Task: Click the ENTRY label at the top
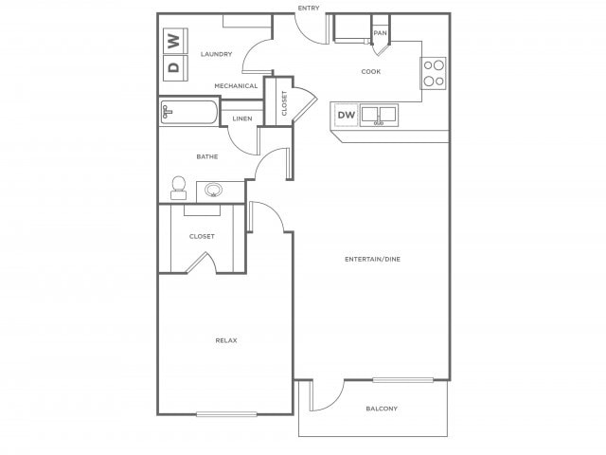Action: click(x=309, y=9)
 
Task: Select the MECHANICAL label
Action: click(x=236, y=86)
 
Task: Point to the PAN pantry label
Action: click(x=380, y=33)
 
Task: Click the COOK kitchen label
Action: click(x=371, y=72)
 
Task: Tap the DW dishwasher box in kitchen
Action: click(x=346, y=116)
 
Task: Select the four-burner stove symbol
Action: click(x=434, y=73)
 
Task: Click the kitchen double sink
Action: click(x=380, y=116)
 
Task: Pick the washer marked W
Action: click(x=173, y=41)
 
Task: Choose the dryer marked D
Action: click(x=173, y=65)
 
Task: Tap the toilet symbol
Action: click(x=178, y=188)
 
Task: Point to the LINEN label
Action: click(x=241, y=118)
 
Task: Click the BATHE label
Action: click(x=207, y=156)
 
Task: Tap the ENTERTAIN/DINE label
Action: click(x=372, y=259)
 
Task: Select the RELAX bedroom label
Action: click(x=225, y=339)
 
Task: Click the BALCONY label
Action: click(x=382, y=409)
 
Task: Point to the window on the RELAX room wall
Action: click(x=226, y=413)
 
